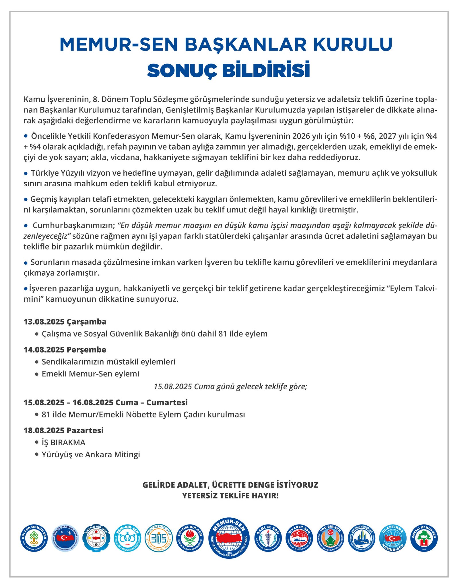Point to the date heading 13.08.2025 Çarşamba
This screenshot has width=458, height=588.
65,322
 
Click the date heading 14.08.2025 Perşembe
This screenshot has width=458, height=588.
65,350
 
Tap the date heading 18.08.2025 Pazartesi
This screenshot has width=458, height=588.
64,430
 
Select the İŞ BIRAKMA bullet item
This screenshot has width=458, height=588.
63,442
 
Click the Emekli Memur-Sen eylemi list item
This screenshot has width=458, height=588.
90,374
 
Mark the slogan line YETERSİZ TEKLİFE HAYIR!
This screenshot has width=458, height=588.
230,496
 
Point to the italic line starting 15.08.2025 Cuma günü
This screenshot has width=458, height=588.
230,386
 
